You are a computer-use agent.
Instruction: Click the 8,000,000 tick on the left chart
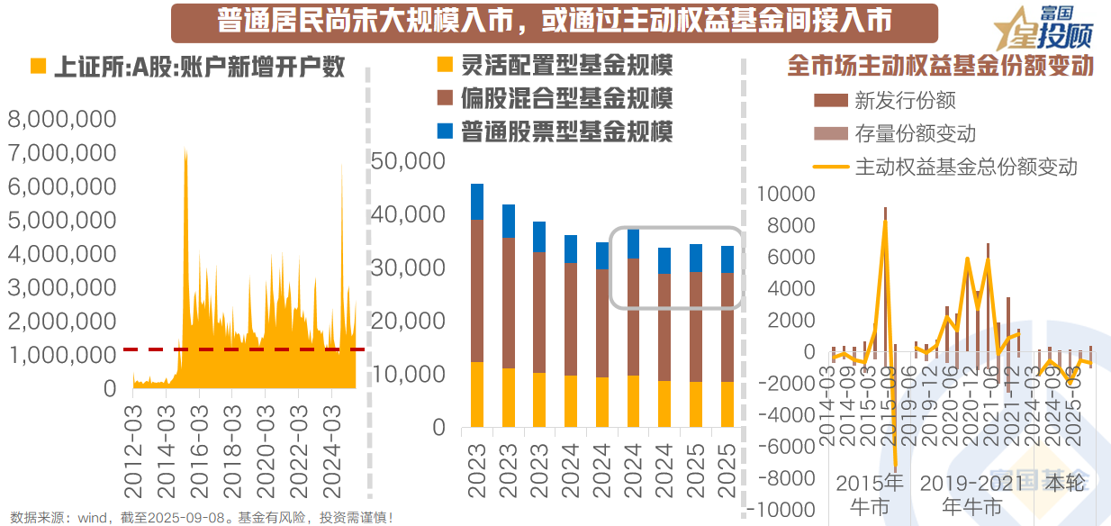62,118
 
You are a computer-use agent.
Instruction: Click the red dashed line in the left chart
243,349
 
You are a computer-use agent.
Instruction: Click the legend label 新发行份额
905,101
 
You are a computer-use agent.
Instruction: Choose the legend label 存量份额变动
916,134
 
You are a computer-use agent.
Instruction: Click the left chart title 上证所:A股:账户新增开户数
199,68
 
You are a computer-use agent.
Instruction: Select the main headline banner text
554,22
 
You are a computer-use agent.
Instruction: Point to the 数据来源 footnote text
203,517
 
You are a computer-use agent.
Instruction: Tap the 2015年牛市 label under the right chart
869,493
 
